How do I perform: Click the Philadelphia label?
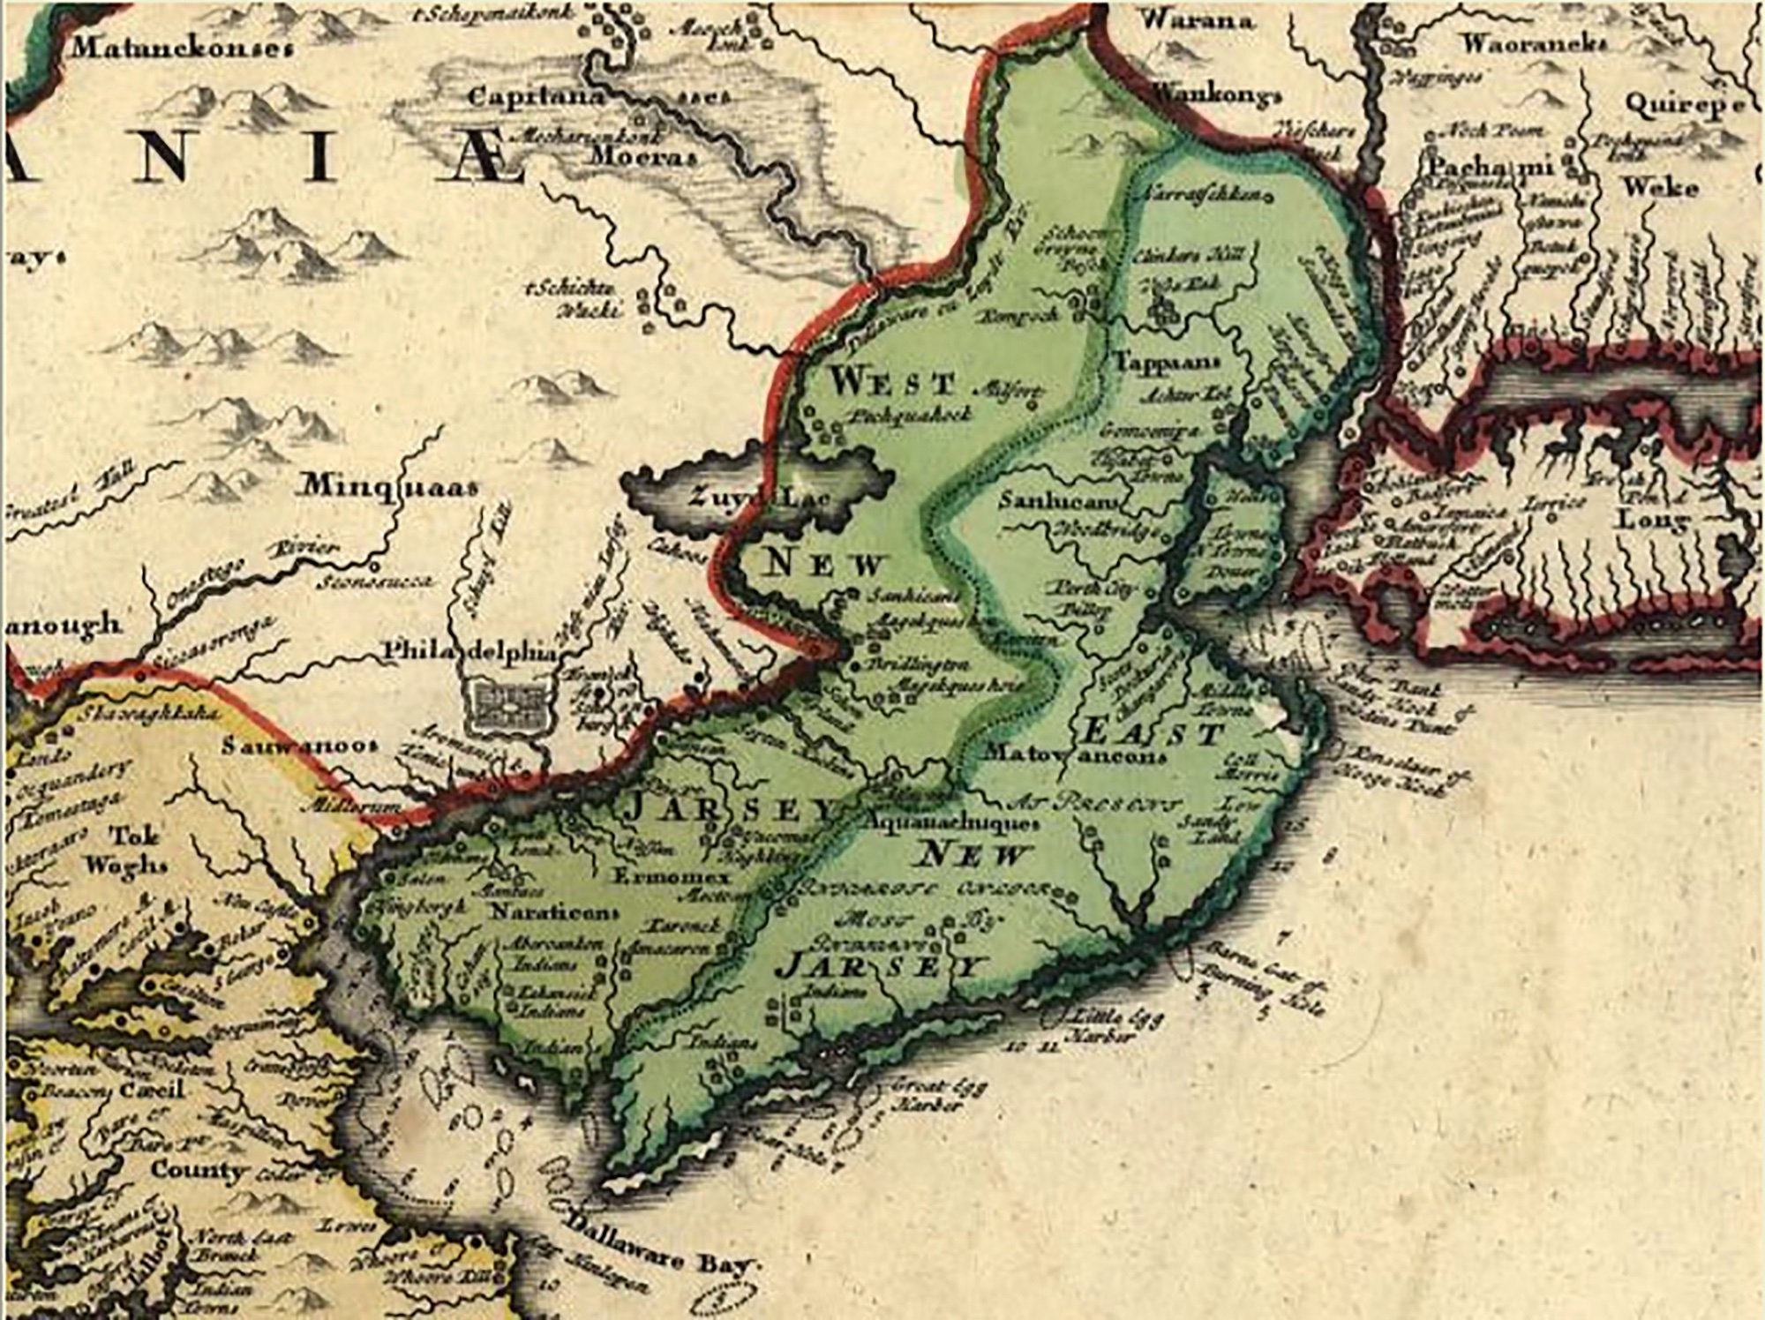tap(471, 651)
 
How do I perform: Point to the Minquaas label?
tap(390, 486)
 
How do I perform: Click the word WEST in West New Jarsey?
tap(893, 384)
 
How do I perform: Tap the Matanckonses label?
tap(182, 49)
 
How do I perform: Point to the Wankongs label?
tap(1216, 94)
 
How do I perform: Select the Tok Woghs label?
tap(137, 849)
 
